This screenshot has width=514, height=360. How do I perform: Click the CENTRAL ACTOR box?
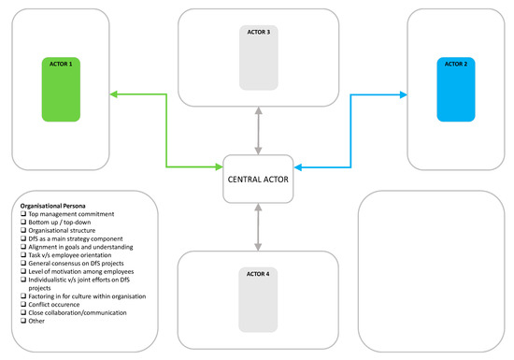[259, 177]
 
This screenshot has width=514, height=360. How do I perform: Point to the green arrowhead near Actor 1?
[114, 94]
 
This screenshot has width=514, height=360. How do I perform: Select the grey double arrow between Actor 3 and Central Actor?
[259, 132]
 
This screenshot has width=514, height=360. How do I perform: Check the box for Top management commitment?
[22, 212]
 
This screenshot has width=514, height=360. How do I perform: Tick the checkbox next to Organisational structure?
[22, 229]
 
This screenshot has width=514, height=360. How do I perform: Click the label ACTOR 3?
[259, 32]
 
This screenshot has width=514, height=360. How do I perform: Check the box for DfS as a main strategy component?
[22, 238]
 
